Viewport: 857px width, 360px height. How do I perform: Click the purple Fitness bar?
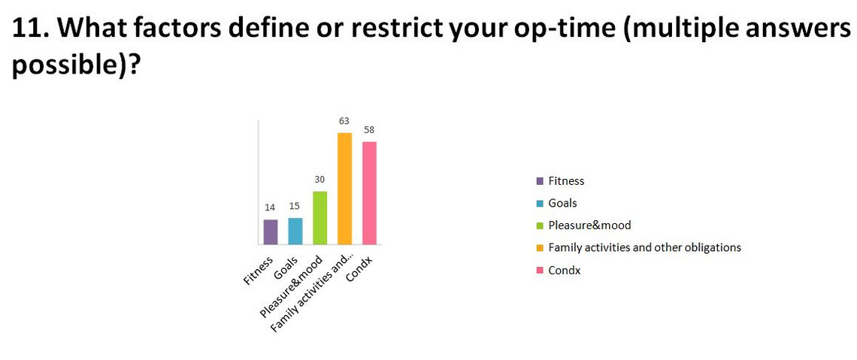point(271,232)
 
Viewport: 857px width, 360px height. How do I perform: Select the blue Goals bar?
point(295,231)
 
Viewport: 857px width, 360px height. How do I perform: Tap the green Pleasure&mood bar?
point(319,218)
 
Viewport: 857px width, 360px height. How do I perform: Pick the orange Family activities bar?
point(344,189)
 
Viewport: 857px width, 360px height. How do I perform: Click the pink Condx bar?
point(369,193)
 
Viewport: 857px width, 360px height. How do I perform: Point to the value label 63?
point(344,121)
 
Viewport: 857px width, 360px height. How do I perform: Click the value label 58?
point(369,130)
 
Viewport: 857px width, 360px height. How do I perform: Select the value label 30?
point(319,180)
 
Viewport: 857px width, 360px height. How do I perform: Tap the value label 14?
point(271,207)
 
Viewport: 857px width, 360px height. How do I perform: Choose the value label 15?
point(295,207)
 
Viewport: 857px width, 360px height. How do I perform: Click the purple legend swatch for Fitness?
point(540,181)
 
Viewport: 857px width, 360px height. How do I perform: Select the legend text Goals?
point(562,203)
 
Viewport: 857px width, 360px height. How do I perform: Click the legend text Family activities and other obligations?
point(645,247)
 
